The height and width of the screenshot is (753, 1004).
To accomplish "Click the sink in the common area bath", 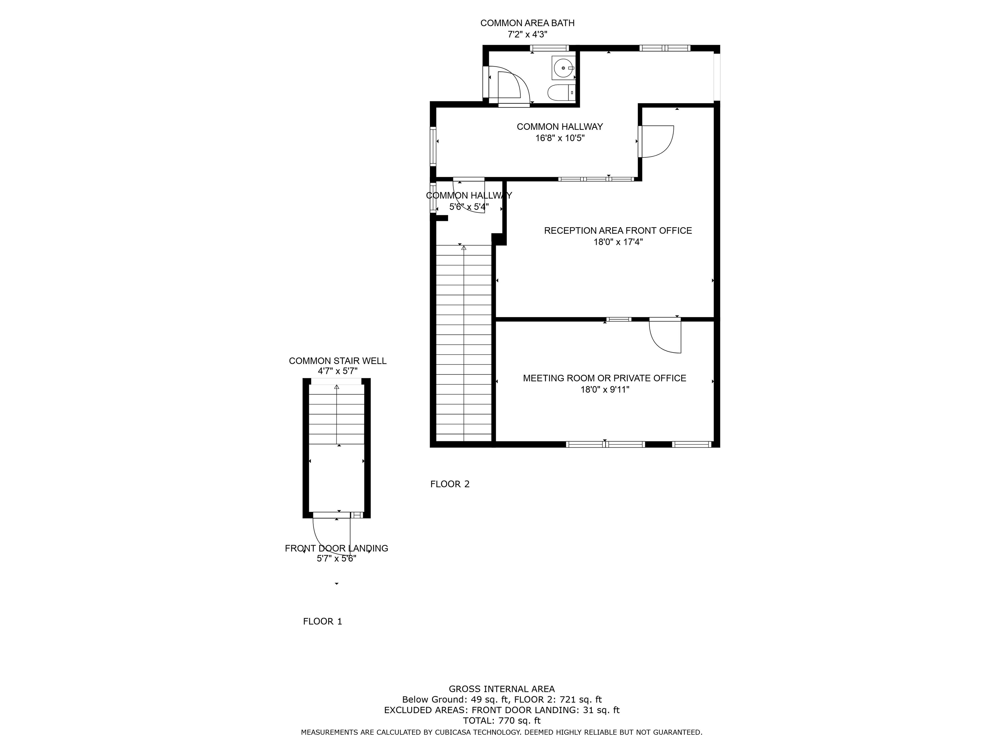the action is point(563,68).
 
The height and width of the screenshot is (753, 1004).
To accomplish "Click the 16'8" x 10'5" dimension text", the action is point(560,138).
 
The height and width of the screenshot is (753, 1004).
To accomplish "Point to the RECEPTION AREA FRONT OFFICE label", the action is point(618,231).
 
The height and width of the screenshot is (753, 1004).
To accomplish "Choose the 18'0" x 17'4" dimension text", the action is point(618,242).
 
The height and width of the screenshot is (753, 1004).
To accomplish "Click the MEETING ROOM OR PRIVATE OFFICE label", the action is point(605,378).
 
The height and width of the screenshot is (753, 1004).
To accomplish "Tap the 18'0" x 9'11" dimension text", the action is point(605,390).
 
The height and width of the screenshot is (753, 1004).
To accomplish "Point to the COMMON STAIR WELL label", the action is point(338,361).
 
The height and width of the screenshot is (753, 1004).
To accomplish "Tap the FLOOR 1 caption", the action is point(322,621).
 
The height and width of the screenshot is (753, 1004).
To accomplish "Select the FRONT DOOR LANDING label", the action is point(336,548).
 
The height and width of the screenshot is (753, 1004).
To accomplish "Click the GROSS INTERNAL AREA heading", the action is point(502,689).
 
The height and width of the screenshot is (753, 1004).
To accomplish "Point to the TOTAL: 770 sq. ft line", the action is point(502,720).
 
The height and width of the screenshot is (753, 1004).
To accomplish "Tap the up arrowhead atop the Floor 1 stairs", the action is point(337,387).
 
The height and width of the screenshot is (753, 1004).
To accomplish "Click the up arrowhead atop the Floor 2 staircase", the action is point(463,248).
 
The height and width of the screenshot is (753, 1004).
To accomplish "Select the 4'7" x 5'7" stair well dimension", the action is point(338,371).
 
